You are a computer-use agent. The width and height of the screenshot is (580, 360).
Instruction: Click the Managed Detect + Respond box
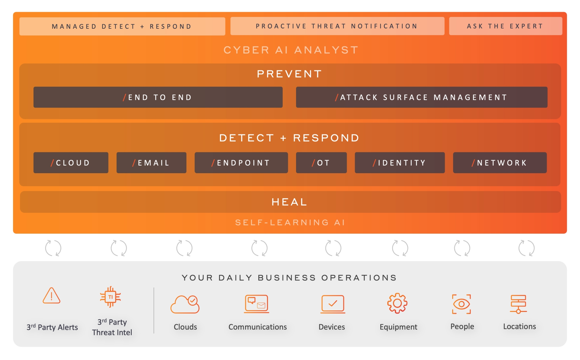(x=122, y=26)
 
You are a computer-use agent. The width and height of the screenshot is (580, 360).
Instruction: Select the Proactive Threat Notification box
(x=337, y=26)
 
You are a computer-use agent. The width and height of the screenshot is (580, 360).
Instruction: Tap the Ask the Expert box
(x=505, y=26)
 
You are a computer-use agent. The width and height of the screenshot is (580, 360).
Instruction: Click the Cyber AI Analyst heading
(x=291, y=50)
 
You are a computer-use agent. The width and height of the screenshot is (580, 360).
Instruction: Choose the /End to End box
(x=158, y=97)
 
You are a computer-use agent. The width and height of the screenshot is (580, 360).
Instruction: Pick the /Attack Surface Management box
(x=422, y=97)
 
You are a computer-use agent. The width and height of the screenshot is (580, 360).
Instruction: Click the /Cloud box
(x=71, y=163)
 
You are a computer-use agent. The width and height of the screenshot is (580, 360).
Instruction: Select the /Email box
(x=151, y=163)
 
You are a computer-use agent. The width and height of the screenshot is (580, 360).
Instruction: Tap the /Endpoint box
(x=241, y=163)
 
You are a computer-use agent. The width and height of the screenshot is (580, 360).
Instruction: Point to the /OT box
(x=321, y=163)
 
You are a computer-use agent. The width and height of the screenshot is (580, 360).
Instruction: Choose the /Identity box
(x=400, y=163)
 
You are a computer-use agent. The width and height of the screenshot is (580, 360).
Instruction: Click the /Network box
(x=500, y=163)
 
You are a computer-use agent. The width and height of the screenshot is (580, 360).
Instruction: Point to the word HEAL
(x=289, y=202)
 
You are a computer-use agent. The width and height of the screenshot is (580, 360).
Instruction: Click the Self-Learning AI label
(x=290, y=222)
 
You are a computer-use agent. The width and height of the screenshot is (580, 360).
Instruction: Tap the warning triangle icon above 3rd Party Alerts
(x=52, y=295)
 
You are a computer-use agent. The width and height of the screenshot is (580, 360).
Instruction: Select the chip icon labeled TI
(x=111, y=297)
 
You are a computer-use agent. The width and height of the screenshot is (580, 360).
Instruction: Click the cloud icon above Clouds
(x=185, y=304)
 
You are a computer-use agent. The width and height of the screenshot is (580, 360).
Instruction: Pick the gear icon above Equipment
(x=397, y=303)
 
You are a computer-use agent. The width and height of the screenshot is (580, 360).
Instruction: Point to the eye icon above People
(x=461, y=304)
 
